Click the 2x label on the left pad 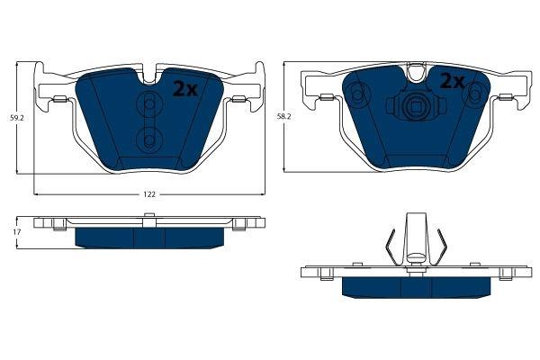click(184, 88)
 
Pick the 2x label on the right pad click(451, 82)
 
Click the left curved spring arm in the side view click(386, 248)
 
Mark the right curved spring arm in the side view click(443, 248)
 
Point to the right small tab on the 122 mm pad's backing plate click(238, 97)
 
